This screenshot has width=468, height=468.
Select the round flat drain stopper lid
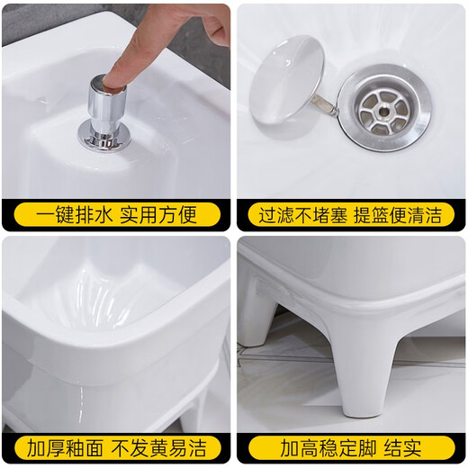coord(286,79)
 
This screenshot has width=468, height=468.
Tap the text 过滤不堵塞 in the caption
coord(299,215)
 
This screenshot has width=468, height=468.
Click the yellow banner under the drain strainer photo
coord(350,215)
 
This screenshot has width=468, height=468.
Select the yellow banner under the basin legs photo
coord(350,447)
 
